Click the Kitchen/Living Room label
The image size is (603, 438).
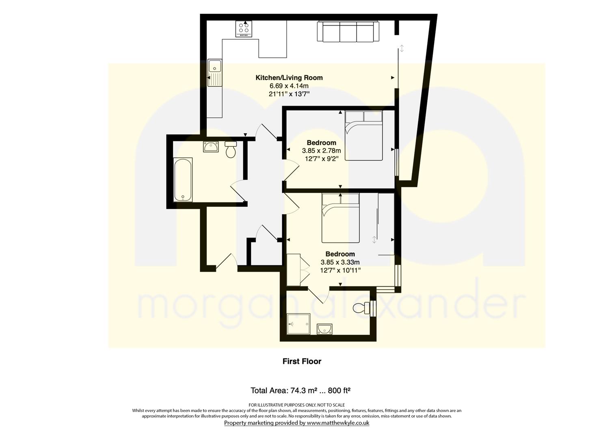289,78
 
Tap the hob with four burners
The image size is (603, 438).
244,29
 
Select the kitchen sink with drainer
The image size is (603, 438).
214,73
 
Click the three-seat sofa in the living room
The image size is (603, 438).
348,32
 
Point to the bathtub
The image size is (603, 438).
183,180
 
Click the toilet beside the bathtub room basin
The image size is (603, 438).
230,150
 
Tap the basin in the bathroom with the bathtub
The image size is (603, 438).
211,147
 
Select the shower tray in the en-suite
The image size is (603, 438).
298,324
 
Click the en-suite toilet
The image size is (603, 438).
363,308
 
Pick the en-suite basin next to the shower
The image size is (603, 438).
324,329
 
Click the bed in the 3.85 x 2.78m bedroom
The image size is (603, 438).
364,136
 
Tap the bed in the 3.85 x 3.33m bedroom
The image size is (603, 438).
341,218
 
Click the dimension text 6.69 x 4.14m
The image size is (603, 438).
289,86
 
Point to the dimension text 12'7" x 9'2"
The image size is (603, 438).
322,159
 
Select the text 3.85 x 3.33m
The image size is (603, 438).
340,262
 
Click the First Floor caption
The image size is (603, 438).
302,361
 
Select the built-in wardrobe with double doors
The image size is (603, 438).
298,270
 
